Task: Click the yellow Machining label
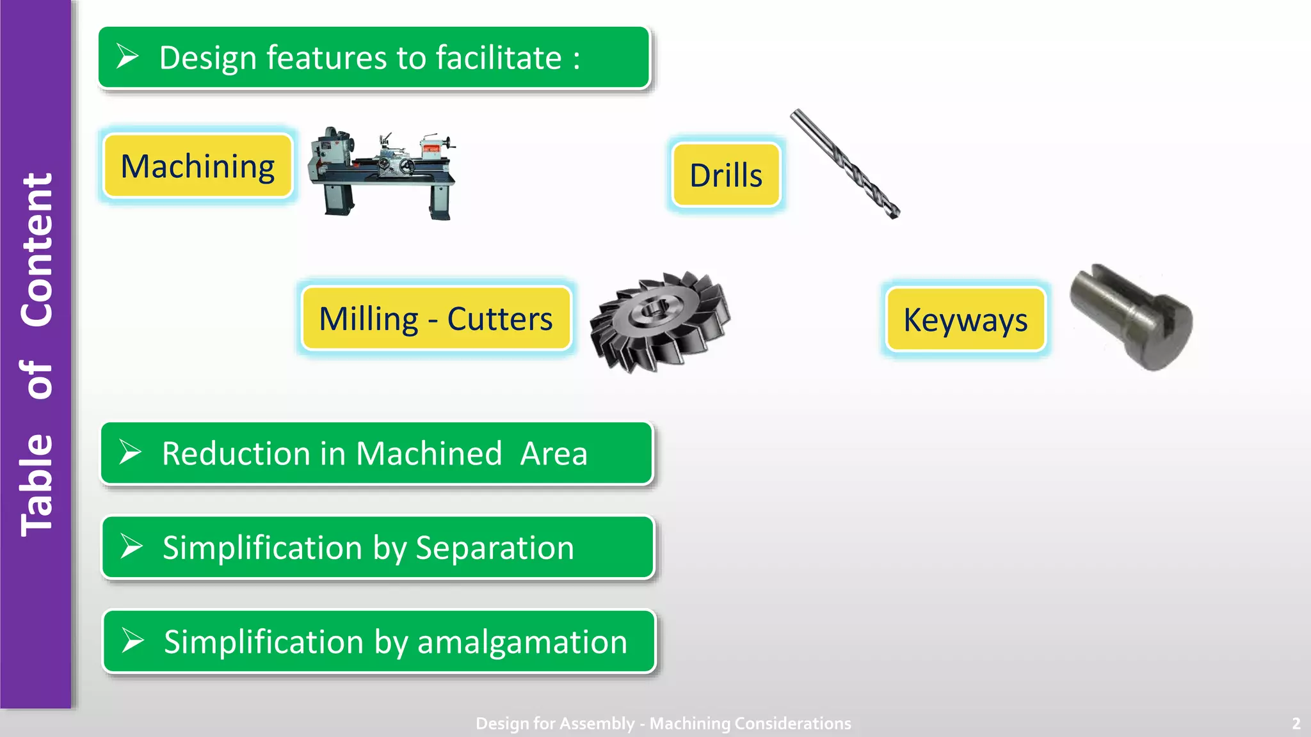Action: [198, 166]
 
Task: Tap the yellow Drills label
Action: [726, 175]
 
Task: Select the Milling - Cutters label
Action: [436, 319]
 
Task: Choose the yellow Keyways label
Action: [965, 319]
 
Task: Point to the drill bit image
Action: [845, 164]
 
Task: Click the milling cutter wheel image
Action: [659, 321]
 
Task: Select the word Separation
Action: [495, 548]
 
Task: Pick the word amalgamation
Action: [522, 642]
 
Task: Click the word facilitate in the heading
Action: [499, 58]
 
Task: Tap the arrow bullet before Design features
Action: [127, 56]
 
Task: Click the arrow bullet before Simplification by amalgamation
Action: [133, 640]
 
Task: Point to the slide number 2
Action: [1296, 724]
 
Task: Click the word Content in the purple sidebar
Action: [36, 250]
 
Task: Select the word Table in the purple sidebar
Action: [36, 485]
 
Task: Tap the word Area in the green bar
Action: [554, 454]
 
